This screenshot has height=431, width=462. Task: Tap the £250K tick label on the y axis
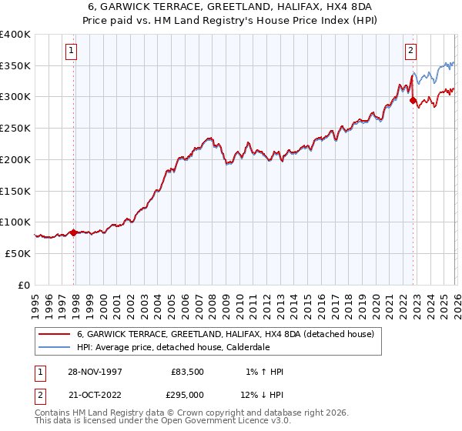coord(15,128)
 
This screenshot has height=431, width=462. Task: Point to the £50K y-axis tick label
coord(17,253)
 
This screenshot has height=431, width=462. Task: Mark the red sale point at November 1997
coord(74,232)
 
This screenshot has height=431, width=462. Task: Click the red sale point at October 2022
coord(413,99)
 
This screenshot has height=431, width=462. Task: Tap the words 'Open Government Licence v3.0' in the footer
coord(224,422)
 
